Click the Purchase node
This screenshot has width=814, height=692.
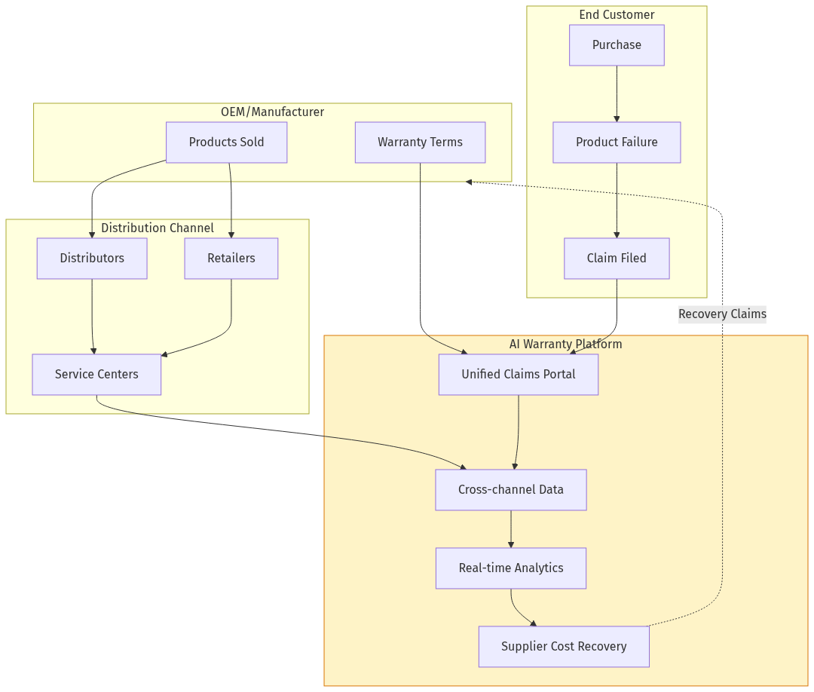pyautogui.click(x=617, y=45)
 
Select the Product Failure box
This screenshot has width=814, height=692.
pyautogui.click(x=617, y=142)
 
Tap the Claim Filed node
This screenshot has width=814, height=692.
pyautogui.click(x=617, y=259)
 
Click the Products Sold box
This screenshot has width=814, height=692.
pyautogui.click(x=226, y=142)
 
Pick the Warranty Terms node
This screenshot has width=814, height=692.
pyautogui.click(x=420, y=142)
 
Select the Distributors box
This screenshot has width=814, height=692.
pyautogui.click(x=92, y=259)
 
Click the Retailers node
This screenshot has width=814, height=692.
pyautogui.click(x=231, y=259)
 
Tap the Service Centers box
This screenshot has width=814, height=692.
pyautogui.click(x=96, y=375)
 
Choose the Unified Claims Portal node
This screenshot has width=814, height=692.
pyautogui.click(x=519, y=375)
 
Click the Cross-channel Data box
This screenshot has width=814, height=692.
pyautogui.click(x=511, y=490)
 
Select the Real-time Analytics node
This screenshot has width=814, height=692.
pyautogui.click(x=511, y=568)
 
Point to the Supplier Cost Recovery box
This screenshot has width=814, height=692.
pyautogui.click(x=564, y=647)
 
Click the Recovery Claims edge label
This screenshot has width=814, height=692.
pyautogui.click(x=722, y=314)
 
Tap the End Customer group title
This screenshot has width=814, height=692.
pyautogui.click(x=617, y=15)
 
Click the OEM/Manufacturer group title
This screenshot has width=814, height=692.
pyautogui.click(x=272, y=112)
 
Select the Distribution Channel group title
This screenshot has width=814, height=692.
pyautogui.click(x=158, y=228)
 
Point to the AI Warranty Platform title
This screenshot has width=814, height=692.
pyautogui.click(x=566, y=344)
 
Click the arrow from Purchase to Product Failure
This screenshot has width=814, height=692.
pyautogui.click(x=617, y=94)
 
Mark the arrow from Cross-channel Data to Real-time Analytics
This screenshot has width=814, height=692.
pyautogui.click(x=511, y=529)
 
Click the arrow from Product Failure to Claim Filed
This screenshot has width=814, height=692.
pyautogui.click(x=617, y=201)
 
